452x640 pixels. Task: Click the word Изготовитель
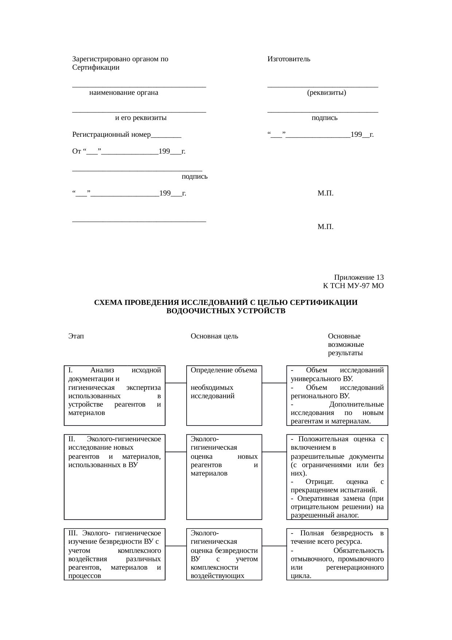289,59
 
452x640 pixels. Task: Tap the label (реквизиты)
326,93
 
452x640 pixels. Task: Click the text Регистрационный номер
112,135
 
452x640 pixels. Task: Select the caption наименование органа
124,93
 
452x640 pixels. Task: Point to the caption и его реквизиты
141,118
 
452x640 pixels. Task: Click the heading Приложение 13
359,277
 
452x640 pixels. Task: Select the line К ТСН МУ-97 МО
353,286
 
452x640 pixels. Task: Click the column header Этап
76,336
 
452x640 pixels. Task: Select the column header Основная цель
214,336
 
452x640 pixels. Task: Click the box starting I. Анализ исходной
114,395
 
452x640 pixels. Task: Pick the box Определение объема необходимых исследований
224,395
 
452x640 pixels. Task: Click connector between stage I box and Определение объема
176,383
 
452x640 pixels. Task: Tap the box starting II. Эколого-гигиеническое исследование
114,476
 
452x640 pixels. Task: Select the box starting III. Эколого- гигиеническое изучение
114,554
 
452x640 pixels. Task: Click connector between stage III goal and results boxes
274,546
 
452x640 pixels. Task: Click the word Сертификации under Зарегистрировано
96,67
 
